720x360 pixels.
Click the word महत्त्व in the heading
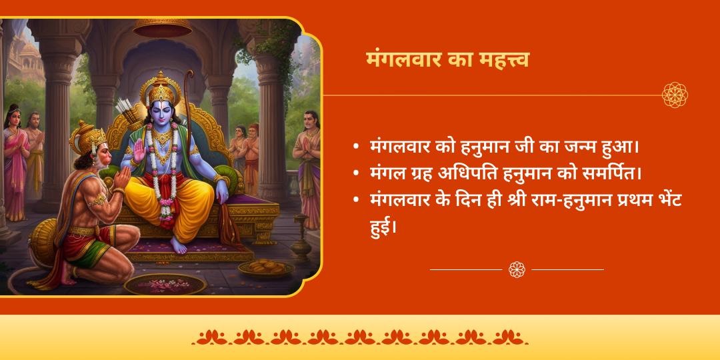[x=501, y=59]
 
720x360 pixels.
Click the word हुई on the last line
[x=383, y=227]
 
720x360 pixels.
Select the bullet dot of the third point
[x=357, y=200]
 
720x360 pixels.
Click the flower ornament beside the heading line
[x=675, y=95]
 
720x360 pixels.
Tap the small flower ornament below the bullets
[x=517, y=269]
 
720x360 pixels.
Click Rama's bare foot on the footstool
[x=179, y=246]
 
